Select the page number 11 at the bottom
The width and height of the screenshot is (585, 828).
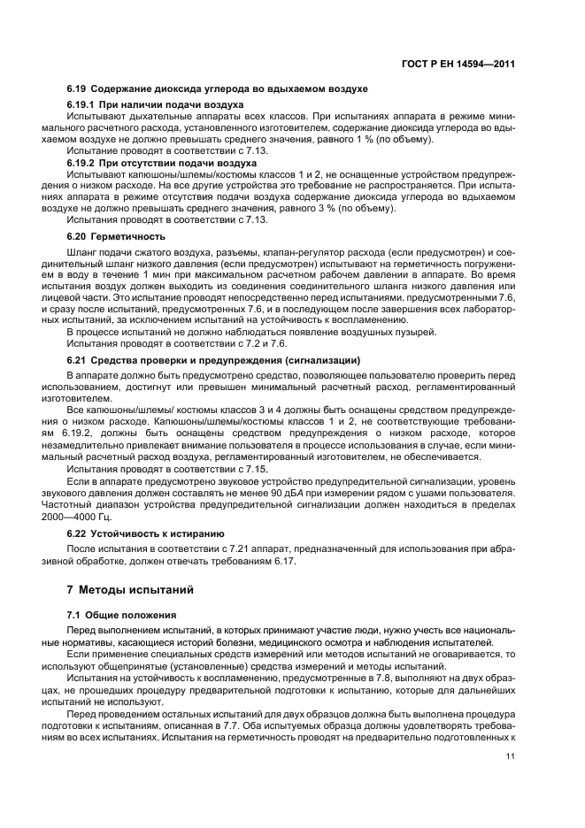(510, 756)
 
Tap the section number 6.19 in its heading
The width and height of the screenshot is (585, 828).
(78, 89)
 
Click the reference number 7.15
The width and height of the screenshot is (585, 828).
(258, 468)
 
